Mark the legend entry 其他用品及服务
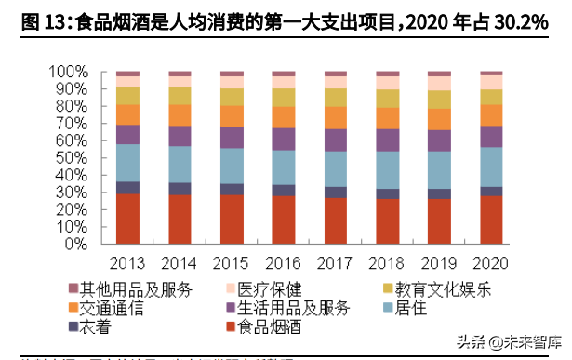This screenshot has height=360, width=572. tap(130, 289)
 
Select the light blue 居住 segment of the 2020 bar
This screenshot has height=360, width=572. tap(490, 167)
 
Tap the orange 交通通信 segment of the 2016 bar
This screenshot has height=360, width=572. tap(283, 116)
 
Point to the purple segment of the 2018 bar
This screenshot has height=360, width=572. tap(387, 140)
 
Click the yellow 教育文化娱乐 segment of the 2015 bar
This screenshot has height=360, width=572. tap(231, 97)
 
